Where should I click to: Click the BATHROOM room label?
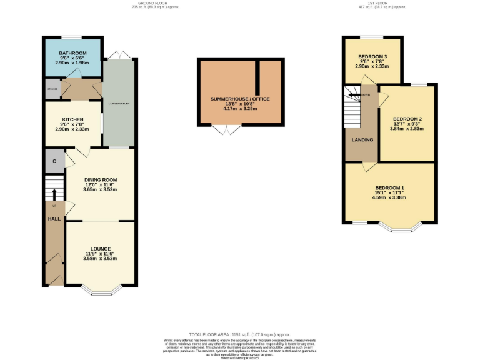point(72,53)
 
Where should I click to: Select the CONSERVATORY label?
point(119,103)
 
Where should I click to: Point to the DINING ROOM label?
point(100,180)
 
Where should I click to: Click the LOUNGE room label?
point(100,249)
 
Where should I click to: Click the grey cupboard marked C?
point(54,161)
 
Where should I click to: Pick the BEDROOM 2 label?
point(407,119)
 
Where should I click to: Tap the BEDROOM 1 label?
point(390,188)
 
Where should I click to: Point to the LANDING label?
point(362,139)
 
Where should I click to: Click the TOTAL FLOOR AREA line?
point(240,335)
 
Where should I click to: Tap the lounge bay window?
point(100,289)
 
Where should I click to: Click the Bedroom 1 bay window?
point(400,226)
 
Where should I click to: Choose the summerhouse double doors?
point(226,130)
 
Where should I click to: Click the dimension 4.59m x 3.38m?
point(390,198)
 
